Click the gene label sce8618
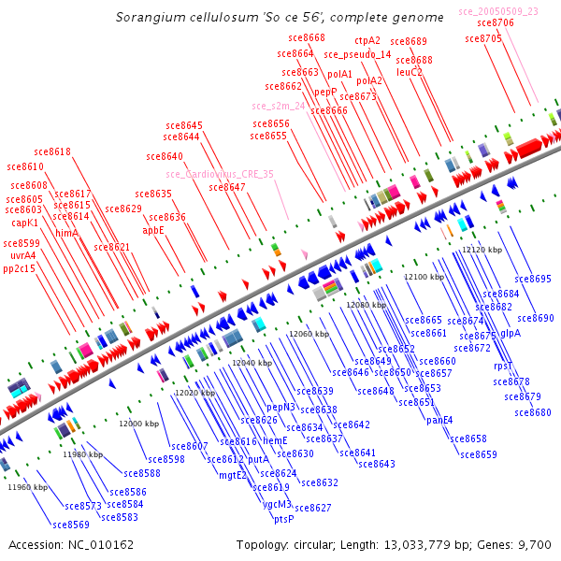coord(52,151)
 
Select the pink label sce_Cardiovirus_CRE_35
coord(220,174)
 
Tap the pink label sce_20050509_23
coord(498,11)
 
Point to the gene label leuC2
coord(410,72)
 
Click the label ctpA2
coord(367,41)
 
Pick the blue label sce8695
coord(533,279)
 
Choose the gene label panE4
coord(439,420)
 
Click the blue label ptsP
coord(283,519)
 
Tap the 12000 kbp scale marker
coord(138,424)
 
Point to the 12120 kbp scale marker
coord(484,251)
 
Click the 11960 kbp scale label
coord(27,487)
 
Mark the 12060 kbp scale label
coord(309,334)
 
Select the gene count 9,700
coord(537,544)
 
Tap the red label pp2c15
coord(19,268)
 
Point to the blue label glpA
coord(511,333)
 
